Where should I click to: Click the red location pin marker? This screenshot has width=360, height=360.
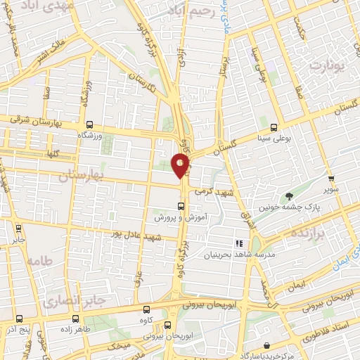[x=181, y=165]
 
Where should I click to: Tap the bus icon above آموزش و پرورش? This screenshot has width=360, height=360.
[x=181, y=206]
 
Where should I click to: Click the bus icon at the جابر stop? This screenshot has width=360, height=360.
[x=18, y=228]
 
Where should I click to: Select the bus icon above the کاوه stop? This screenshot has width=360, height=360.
[x=146, y=310]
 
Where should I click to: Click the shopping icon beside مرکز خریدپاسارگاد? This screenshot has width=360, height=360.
[x=268, y=345]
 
